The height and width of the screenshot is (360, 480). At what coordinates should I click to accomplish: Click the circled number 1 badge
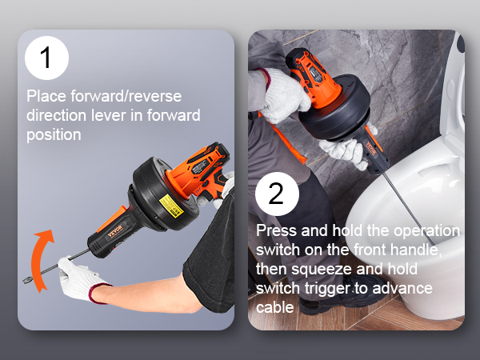[47, 58]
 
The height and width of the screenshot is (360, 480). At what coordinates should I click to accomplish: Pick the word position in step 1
[54, 134]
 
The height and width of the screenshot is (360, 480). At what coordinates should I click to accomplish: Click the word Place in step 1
[46, 97]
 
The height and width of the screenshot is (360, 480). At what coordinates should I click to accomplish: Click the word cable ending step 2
[274, 307]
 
